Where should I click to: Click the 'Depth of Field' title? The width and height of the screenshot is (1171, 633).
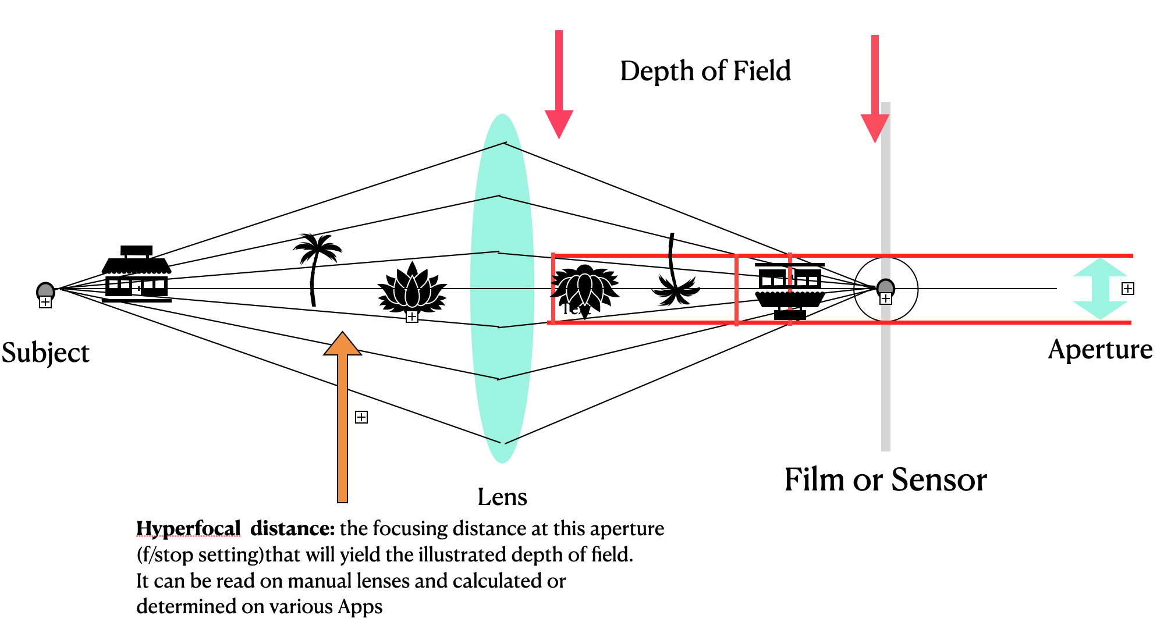[x=705, y=72]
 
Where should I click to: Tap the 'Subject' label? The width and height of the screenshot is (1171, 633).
[x=45, y=353]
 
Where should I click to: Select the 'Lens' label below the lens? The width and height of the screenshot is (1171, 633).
[x=502, y=497]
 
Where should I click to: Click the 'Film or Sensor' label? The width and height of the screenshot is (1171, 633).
[x=885, y=480]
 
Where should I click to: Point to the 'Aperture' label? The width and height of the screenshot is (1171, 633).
[x=1099, y=350]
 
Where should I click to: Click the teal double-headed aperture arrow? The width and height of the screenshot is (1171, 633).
[x=1099, y=289]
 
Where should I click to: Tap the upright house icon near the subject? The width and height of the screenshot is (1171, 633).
[x=137, y=273]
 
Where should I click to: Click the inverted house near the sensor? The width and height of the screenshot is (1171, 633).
[x=790, y=291]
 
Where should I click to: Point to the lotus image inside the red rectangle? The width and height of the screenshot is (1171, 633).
[x=584, y=288]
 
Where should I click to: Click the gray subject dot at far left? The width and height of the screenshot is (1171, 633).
[x=45, y=290]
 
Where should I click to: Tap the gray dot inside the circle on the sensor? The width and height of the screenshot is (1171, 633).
[x=885, y=287]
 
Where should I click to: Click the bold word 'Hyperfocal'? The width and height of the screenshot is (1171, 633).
[x=188, y=528]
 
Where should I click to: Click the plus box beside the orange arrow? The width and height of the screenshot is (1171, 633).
[x=361, y=417]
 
